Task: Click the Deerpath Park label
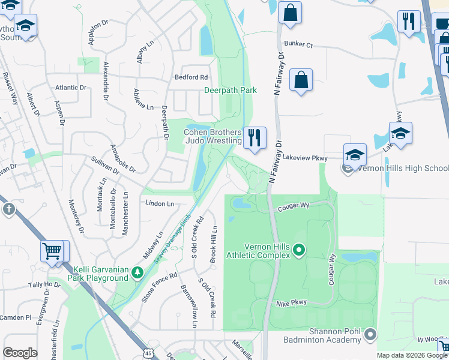coord(231,90)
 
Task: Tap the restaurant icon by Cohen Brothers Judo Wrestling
coord(255,139)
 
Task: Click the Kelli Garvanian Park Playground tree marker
coord(137,273)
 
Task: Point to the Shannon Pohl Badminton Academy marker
coord(371,334)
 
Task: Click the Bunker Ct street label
coord(299,45)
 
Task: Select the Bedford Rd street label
coord(191,77)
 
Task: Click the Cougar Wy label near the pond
coord(292,207)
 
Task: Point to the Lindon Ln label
coord(159,204)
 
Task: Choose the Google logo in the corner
coord(20,353)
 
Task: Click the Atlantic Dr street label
coord(71,88)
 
